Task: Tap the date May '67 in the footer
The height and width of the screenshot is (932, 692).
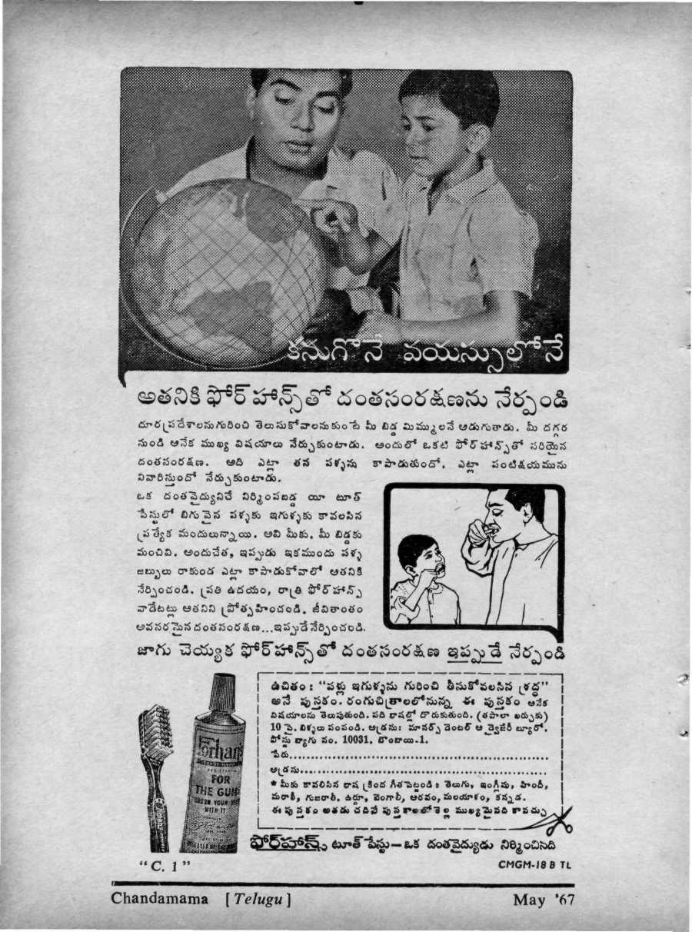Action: pyautogui.click(x=543, y=899)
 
